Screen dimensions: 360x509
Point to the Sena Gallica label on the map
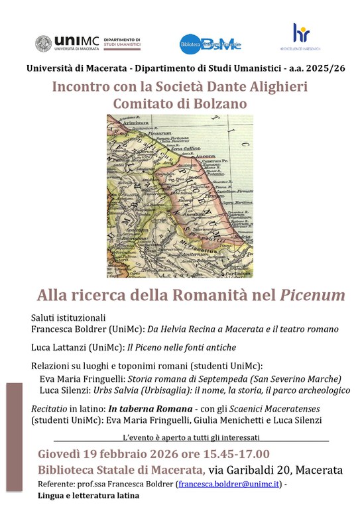(x=185, y=150)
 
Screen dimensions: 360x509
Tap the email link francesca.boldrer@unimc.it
(x=231, y=484)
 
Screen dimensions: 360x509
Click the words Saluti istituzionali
(x=68, y=317)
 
